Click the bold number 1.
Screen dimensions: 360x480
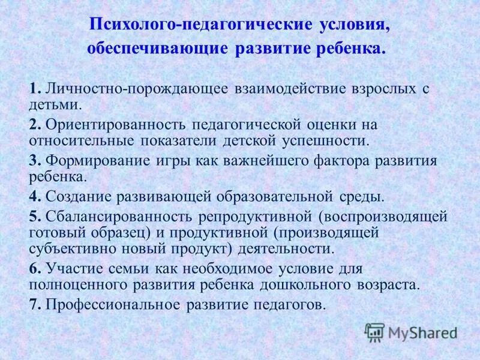(x=34, y=89)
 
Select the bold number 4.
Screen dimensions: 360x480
(x=34, y=196)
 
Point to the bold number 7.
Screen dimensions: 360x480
(x=34, y=304)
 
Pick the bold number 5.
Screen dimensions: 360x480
(x=34, y=215)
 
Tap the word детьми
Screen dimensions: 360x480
(x=54, y=104)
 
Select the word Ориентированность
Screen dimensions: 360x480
(x=116, y=125)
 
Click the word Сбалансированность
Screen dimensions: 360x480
(x=126, y=215)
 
